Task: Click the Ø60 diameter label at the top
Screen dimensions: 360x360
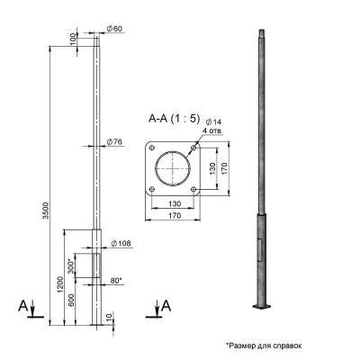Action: point(114,29)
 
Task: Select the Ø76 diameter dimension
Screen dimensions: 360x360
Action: point(114,142)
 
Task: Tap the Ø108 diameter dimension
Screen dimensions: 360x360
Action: point(121,243)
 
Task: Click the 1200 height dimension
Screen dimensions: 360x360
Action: point(60,284)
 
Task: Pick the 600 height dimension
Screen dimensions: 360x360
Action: point(71,301)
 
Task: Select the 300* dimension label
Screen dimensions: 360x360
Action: point(71,265)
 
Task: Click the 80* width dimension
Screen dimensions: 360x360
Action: point(116,281)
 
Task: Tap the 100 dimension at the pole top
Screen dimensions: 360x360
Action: point(74,40)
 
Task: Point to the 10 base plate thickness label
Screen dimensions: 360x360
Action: point(109,317)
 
